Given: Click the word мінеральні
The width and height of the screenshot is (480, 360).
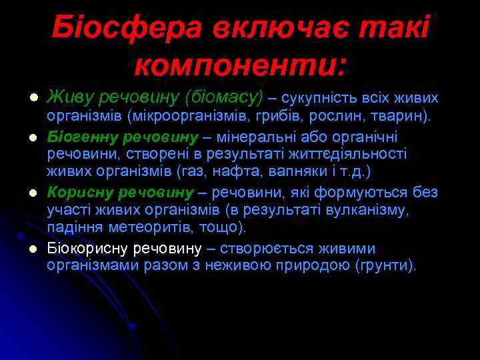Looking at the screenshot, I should click(251, 138).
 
